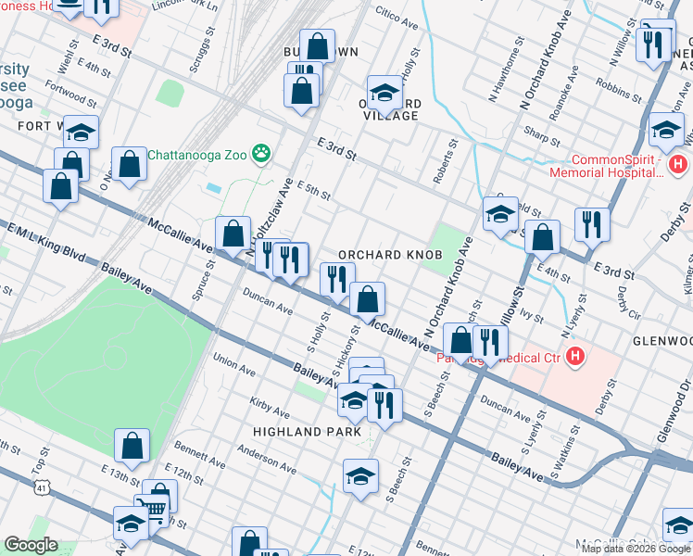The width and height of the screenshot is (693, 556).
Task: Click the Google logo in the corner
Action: (x=30, y=545)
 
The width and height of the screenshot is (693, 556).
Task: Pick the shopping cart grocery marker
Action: (x=157, y=506)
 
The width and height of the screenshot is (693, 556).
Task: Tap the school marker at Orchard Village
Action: (x=384, y=93)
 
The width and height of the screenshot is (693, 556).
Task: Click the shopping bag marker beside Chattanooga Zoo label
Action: (x=130, y=164)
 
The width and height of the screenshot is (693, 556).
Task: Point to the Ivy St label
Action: (x=532, y=316)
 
